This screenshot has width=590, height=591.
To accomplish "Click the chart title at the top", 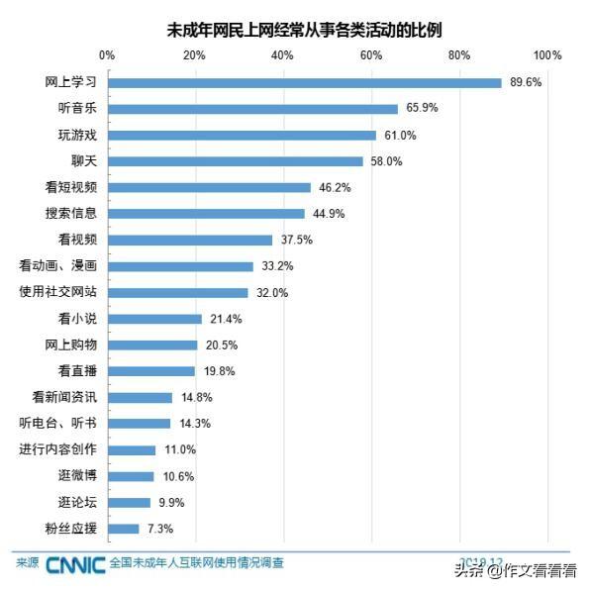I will [x=304, y=30].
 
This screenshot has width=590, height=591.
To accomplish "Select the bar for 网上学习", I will [x=305, y=82].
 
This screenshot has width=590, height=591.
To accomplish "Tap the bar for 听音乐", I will [x=252, y=109].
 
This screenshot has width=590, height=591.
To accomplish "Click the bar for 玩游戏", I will [x=242, y=135].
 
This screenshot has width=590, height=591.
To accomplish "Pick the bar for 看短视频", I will [x=209, y=187].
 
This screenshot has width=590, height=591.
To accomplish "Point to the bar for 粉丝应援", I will [x=123, y=529].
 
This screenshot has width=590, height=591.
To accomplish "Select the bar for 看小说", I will [x=154, y=319].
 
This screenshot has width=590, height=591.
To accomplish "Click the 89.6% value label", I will [x=526, y=82].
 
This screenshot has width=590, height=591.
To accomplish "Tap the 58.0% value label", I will [x=386, y=161].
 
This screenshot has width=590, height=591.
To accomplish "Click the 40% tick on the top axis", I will [x=282, y=54].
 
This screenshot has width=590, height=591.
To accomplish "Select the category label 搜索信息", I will [x=71, y=214].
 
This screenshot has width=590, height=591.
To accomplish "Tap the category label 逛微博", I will [x=78, y=476].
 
